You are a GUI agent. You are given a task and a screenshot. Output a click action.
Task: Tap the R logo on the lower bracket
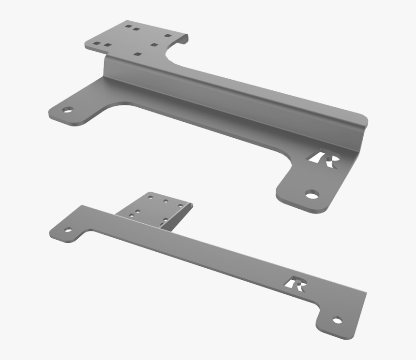[295, 285]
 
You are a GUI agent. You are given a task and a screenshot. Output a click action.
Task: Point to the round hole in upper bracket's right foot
[312, 195]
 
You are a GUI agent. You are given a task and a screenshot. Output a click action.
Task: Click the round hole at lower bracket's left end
[68, 230]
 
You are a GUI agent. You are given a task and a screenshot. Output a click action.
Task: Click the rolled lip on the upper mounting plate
[184, 41]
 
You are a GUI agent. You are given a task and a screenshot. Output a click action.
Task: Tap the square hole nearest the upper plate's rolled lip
[167, 36]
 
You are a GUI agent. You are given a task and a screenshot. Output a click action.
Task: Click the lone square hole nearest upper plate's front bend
[138, 54]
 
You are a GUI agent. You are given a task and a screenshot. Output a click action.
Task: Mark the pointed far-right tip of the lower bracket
[366, 293]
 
